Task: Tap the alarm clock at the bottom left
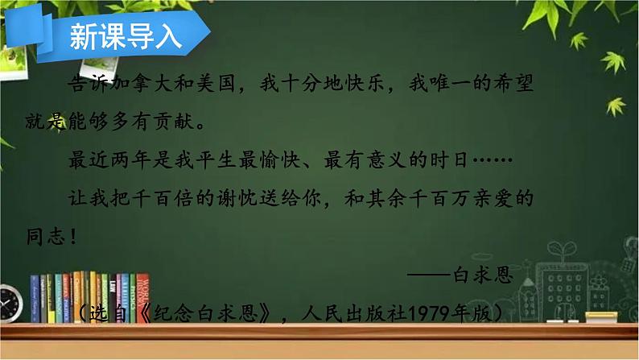click(x=10, y=305)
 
